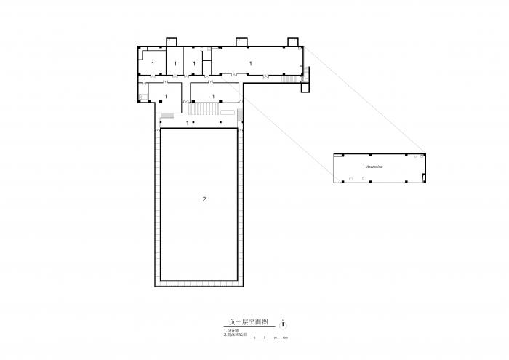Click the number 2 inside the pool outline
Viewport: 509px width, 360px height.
pyautogui.click(x=204, y=199)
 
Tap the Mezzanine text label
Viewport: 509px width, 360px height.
pyautogui.click(x=375, y=167)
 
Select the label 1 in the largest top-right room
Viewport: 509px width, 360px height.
pyautogui.click(x=251, y=64)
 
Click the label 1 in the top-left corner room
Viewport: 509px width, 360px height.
pyautogui.click(x=153, y=64)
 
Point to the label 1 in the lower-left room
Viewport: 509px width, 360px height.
pyautogui.click(x=166, y=96)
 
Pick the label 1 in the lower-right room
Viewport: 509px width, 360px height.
pyautogui.click(x=213, y=96)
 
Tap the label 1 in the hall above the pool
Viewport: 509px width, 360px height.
pyautogui.click(x=188, y=123)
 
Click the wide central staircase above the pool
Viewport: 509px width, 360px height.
pyautogui.click(x=203, y=110)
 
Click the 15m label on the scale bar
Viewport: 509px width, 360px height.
pyautogui.click(x=286, y=340)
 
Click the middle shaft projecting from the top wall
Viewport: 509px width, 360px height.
pyautogui.click(x=241, y=40)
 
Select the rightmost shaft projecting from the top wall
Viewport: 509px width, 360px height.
pyautogui.click(x=293, y=40)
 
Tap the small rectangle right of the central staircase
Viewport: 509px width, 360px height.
pyautogui.click(x=228, y=112)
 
